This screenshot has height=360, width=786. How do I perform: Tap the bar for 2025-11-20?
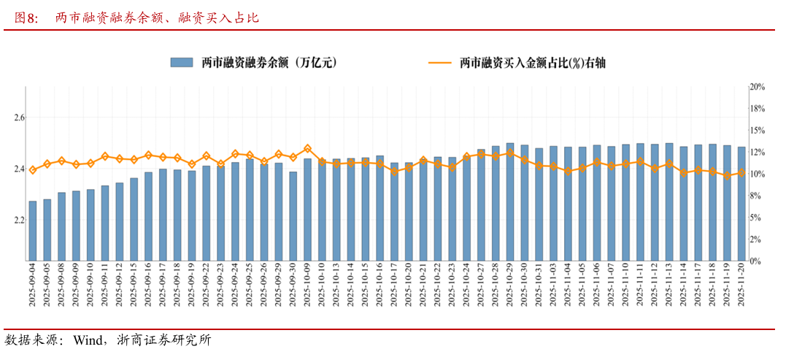click(741, 204)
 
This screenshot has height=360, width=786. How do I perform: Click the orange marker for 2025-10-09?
click(307, 149)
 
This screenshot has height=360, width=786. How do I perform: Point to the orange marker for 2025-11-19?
click(727, 176)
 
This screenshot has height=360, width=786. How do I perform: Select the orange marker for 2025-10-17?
click(394, 172)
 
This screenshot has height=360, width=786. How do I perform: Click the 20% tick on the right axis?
click(757, 87)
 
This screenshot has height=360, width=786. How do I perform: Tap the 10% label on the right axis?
click(757, 174)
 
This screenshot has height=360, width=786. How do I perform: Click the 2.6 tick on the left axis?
click(19, 118)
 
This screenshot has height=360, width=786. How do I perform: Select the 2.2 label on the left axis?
click(19, 220)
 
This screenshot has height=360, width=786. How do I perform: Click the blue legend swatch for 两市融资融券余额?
click(182, 63)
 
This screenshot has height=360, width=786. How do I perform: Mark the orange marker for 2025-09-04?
click(32, 170)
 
